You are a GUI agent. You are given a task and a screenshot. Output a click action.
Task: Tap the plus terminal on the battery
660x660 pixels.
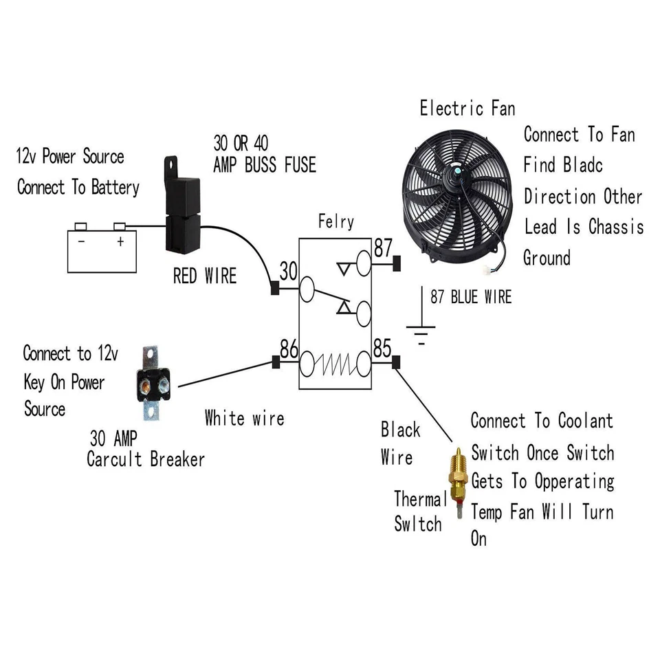click(x=121, y=241)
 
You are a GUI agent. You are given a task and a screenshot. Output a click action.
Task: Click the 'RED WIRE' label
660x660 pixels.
click(x=204, y=276)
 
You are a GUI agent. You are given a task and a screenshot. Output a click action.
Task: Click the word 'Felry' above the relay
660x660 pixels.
click(x=336, y=222)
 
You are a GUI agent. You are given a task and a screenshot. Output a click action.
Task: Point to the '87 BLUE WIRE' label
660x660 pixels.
click(x=471, y=297)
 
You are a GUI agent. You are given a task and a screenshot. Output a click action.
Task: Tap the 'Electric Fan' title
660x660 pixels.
click(x=467, y=108)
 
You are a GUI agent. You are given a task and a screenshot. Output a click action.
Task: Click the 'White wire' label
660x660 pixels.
click(x=244, y=417)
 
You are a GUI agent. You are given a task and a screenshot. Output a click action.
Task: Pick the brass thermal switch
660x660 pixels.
click(x=456, y=480)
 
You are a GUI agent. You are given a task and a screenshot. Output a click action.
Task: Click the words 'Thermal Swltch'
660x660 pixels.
click(x=418, y=511)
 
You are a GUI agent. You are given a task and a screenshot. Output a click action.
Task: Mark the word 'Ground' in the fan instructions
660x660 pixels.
click(x=547, y=258)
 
